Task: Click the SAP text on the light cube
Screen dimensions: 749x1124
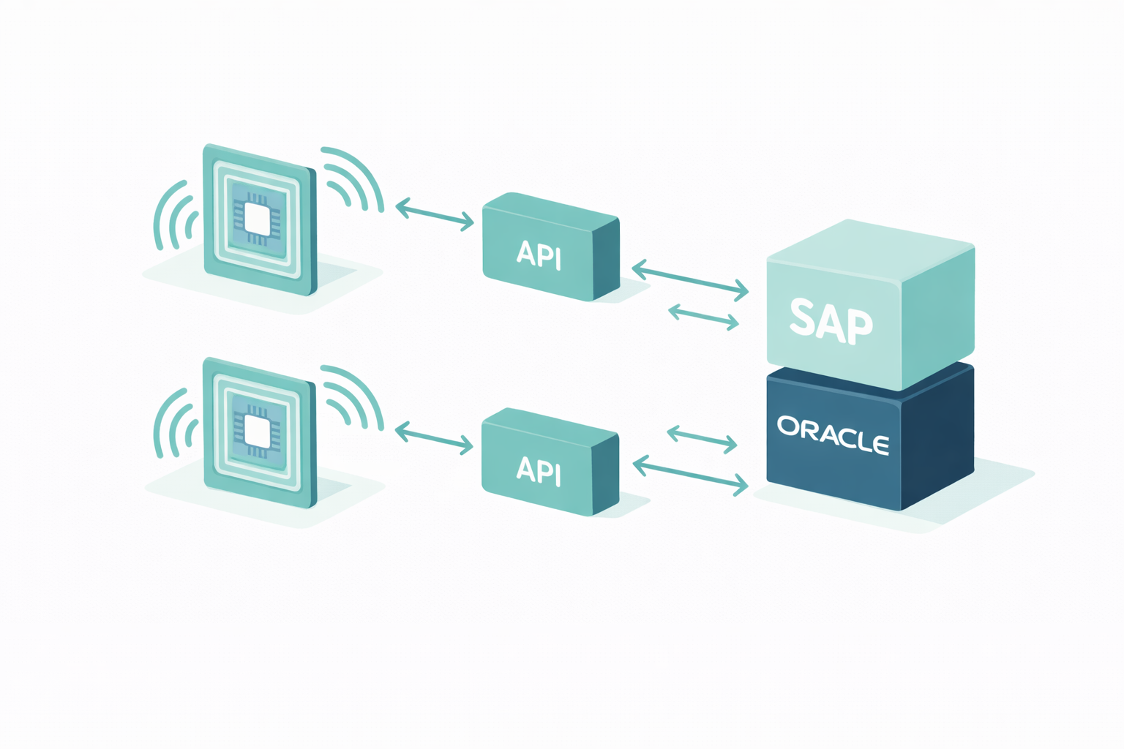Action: [831, 321]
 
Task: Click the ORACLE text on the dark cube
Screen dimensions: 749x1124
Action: [833, 435]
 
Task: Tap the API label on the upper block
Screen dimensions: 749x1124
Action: [539, 255]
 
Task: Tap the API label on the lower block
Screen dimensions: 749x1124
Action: [539, 470]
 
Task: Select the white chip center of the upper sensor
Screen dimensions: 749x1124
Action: [258, 219]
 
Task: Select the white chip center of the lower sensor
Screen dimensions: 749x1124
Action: [258, 432]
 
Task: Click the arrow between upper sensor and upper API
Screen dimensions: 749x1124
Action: [435, 214]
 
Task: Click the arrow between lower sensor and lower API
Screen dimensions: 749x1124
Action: [434, 437]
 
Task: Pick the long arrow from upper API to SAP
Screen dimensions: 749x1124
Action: [690, 281]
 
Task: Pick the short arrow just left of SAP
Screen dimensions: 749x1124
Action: [703, 316]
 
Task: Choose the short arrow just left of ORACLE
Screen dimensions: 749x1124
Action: [702, 438]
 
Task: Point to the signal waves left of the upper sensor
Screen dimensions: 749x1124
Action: [173, 215]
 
